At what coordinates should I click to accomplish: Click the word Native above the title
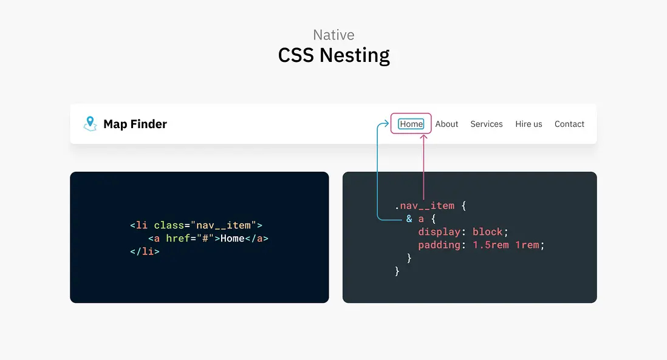pos(333,35)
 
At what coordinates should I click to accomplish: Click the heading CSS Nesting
pos(334,56)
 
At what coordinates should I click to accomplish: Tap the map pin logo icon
pos(90,124)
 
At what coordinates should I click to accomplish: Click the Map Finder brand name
pos(135,124)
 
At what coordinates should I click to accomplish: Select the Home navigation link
pos(411,124)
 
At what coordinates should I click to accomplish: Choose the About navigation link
pos(446,124)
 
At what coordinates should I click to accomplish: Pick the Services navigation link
pos(486,124)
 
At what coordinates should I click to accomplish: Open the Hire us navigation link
pos(528,124)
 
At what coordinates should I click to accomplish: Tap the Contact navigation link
pos(569,124)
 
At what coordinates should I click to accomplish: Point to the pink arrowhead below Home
pos(423,137)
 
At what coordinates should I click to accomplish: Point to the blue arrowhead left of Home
pos(386,124)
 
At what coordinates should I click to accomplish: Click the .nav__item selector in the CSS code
pos(425,206)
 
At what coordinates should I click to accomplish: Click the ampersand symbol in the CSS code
pos(409,219)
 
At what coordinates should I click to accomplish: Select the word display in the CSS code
pos(439,232)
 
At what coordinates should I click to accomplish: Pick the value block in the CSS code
pos(487,232)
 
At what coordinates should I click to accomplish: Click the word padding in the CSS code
pos(439,245)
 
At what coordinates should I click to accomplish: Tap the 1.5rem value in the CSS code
pos(490,245)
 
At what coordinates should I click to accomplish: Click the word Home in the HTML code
pos(232,239)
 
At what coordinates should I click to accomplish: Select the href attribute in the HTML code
pos(178,239)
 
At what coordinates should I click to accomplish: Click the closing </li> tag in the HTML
pos(145,251)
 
